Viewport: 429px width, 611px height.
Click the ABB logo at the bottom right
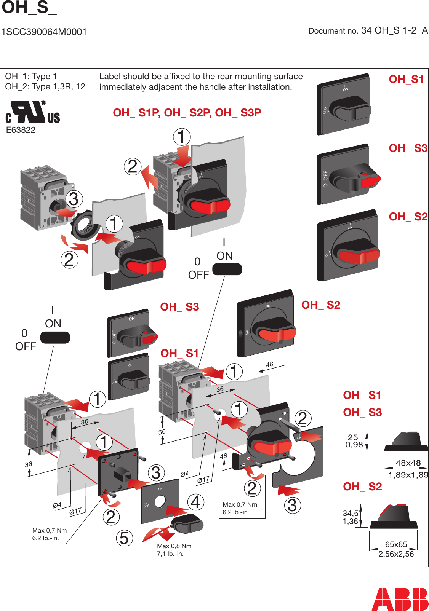pyautogui.click(x=400, y=599)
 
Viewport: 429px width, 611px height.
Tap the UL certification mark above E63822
pyautogui.click(x=33, y=113)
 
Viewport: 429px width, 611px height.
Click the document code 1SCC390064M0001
pyautogui.click(x=44, y=32)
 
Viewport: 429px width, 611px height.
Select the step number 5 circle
pyautogui.click(x=125, y=538)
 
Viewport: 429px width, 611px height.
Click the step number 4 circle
pyautogui.click(x=195, y=502)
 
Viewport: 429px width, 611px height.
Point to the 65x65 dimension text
pyautogui.click(x=396, y=544)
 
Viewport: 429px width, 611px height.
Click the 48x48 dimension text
pyautogui.click(x=408, y=463)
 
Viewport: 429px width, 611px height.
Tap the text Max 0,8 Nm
pyautogui.click(x=174, y=546)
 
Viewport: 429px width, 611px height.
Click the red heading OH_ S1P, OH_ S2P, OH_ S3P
pyautogui.click(x=187, y=113)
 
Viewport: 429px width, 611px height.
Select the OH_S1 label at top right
pyautogui.click(x=406, y=79)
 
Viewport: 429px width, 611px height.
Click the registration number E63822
pyautogui.click(x=21, y=130)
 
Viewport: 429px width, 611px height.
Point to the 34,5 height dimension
pyautogui.click(x=351, y=514)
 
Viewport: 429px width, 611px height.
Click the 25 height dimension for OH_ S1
pyautogui.click(x=353, y=437)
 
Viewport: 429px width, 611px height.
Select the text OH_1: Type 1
pyautogui.click(x=31, y=76)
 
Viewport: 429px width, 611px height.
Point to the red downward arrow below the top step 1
pyautogui.click(x=183, y=157)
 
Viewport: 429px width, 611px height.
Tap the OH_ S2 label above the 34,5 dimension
pyautogui.click(x=362, y=487)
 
